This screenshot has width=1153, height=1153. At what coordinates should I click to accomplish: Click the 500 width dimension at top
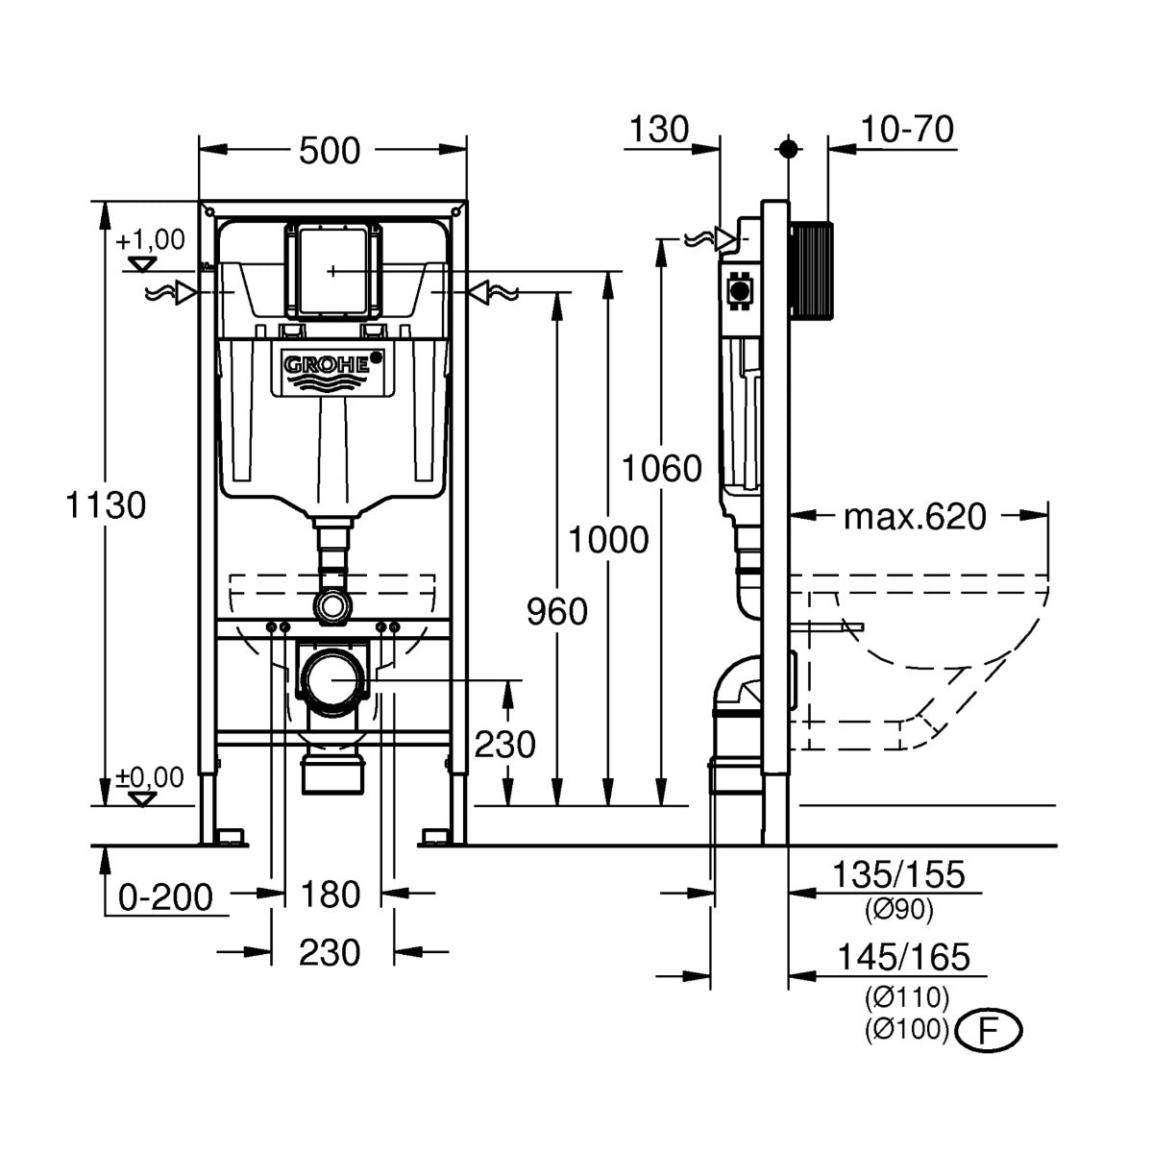(x=330, y=150)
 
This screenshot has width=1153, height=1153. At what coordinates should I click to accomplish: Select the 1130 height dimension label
(x=106, y=504)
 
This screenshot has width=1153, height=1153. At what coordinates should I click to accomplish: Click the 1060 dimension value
(x=661, y=468)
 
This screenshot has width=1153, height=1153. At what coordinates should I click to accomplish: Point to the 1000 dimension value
(x=607, y=540)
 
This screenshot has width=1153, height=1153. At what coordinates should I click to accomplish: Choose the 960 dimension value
(x=556, y=611)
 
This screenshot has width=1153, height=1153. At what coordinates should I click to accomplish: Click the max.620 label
(x=914, y=517)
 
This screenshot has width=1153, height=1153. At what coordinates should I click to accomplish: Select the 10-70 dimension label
(x=906, y=129)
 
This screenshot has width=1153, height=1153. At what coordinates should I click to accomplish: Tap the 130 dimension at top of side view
(x=660, y=129)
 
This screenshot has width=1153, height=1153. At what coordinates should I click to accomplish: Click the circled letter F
(x=988, y=1030)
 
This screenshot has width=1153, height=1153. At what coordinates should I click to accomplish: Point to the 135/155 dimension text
(x=897, y=874)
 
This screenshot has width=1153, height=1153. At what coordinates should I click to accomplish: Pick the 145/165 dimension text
(x=903, y=957)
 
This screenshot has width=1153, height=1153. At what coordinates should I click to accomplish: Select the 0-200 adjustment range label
(x=164, y=897)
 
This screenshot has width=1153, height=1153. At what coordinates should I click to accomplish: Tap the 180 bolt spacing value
(x=331, y=895)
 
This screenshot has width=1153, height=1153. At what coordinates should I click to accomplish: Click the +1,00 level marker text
(x=150, y=240)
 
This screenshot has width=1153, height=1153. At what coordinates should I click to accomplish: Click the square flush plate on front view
(x=331, y=270)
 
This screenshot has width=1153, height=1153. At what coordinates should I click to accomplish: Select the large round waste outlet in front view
(x=332, y=680)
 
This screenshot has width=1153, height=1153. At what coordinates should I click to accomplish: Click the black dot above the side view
(x=788, y=149)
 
